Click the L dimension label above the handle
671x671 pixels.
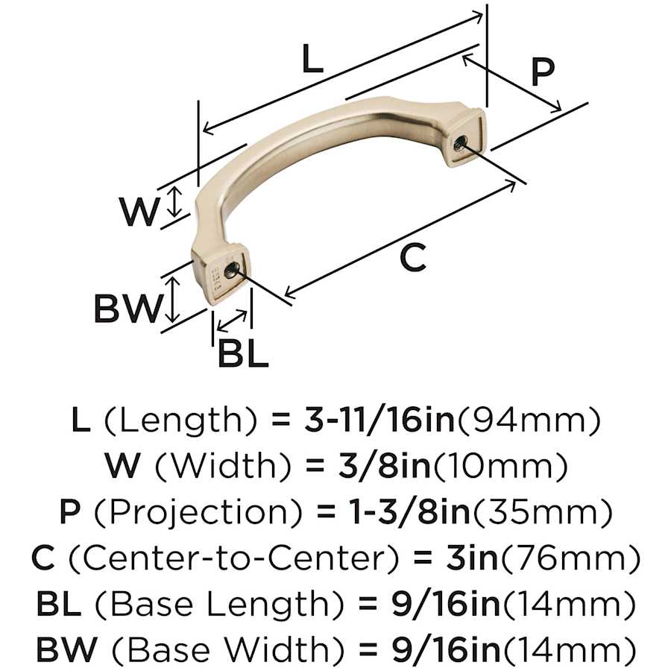coord(312,59)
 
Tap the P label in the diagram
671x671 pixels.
coord(543,72)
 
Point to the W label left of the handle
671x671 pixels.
coord(138,212)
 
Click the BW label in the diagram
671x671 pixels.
coord(127,309)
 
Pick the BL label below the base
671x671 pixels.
coord(242,353)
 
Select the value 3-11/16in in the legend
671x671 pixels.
coord(379,420)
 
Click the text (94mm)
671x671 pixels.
coord(529,420)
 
